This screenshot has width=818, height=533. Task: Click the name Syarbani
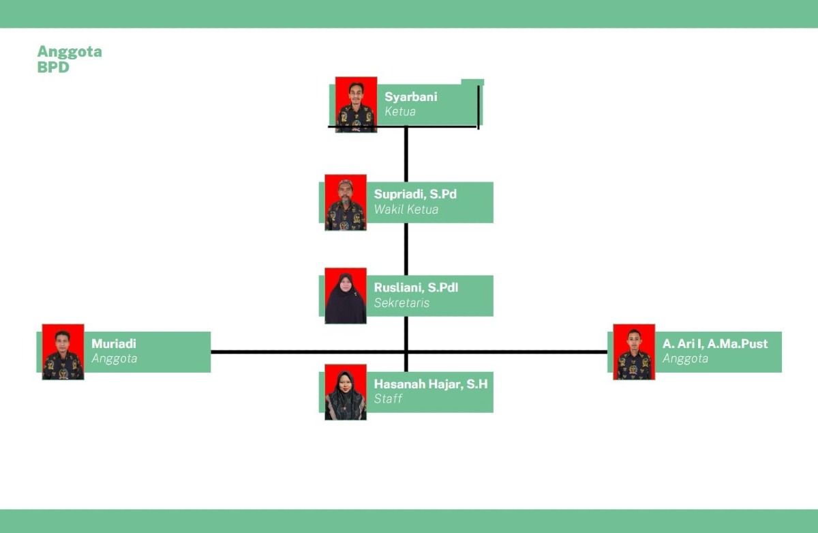click(x=411, y=97)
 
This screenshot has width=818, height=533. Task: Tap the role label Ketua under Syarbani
click(x=400, y=111)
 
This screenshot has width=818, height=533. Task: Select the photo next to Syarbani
click(x=356, y=104)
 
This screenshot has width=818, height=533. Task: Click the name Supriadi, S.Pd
click(x=415, y=194)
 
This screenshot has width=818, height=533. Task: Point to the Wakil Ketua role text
click(x=406, y=210)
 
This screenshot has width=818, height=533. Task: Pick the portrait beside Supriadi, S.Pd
click(x=346, y=203)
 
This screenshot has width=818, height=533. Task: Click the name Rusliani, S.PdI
click(x=416, y=288)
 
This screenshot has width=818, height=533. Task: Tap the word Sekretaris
click(x=402, y=303)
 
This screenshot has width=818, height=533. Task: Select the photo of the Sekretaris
click(x=346, y=296)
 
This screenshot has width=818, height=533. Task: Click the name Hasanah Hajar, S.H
click(x=431, y=384)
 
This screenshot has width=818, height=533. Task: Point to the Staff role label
click(x=388, y=399)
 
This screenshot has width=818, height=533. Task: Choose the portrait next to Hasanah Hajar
click(x=346, y=392)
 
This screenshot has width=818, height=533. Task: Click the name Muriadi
click(x=114, y=344)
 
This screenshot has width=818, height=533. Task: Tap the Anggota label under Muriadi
click(x=115, y=358)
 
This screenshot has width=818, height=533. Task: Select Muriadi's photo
click(x=63, y=352)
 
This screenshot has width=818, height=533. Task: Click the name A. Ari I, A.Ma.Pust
click(x=715, y=344)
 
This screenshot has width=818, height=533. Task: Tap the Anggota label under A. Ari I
click(x=686, y=358)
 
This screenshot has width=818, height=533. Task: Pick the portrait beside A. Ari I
click(x=634, y=352)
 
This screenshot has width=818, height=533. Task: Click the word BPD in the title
click(x=53, y=68)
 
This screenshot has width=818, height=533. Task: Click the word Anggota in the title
click(x=70, y=52)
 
